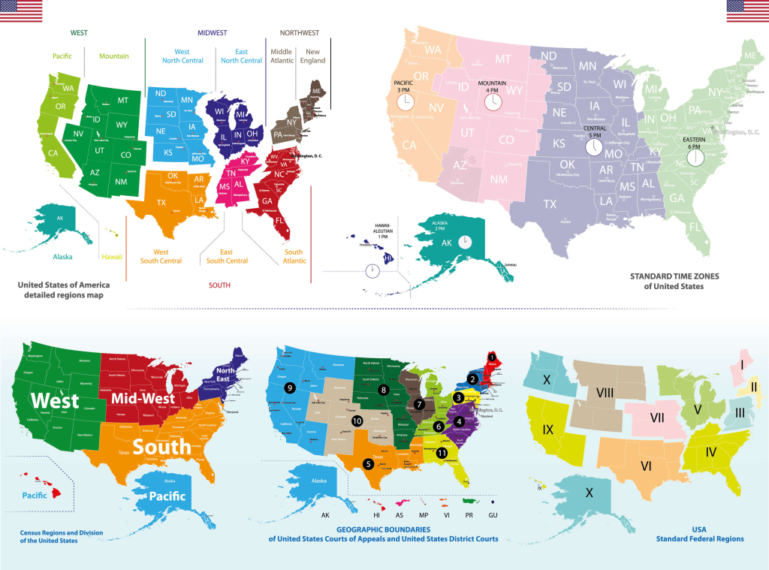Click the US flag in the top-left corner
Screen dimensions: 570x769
point(21,11)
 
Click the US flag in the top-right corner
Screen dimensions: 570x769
point(746,11)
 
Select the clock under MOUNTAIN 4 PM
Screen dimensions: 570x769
point(493,103)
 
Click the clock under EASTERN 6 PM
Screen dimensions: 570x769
point(695,158)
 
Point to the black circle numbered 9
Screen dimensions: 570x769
point(289,388)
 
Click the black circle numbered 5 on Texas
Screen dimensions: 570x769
point(368,464)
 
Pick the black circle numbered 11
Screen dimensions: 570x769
point(442,452)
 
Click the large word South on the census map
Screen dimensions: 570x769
point(164,448)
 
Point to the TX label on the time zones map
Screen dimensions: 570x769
point(550,204)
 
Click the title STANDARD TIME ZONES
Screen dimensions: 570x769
point(666,276)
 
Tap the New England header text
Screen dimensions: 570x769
point(312,56)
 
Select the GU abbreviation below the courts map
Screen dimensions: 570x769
point(493,516)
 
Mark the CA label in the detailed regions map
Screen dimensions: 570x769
point(53,153)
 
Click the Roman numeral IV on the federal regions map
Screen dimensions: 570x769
point(710,451)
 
